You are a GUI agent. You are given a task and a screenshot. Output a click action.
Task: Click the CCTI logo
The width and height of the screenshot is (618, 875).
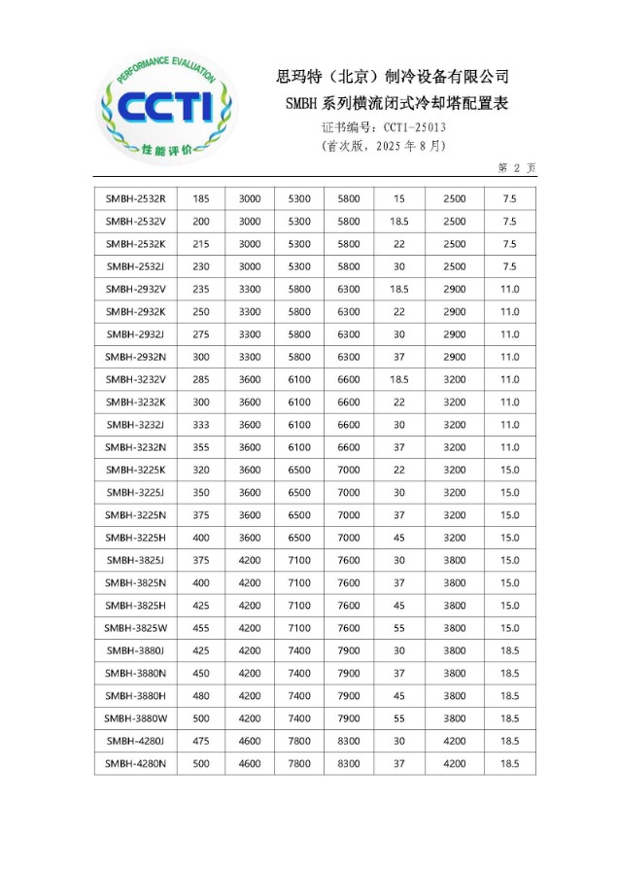[167, 108]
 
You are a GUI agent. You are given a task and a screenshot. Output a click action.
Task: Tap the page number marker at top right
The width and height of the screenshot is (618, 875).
[517, 168]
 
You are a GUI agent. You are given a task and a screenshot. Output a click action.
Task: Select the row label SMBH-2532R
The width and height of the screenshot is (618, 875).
[135, 198]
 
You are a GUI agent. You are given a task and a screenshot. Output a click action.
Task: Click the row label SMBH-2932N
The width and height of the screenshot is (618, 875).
[135, 357]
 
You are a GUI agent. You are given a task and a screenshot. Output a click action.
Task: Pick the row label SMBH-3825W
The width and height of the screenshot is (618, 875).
[135, 628]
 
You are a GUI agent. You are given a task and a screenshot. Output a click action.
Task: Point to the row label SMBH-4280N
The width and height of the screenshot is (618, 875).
[135, 764]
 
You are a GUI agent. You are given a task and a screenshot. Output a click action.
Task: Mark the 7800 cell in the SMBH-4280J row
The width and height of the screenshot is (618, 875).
[299, 741]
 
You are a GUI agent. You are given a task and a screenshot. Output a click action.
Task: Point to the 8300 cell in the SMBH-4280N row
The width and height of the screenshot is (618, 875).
[349, 764]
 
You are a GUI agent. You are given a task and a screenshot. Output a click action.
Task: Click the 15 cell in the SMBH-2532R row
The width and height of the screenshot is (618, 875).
[399, 198]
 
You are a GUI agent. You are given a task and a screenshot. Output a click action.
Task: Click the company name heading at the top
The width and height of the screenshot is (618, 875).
[393, 77]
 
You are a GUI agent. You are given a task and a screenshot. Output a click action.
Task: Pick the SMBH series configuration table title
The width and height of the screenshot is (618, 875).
[397, 103]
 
